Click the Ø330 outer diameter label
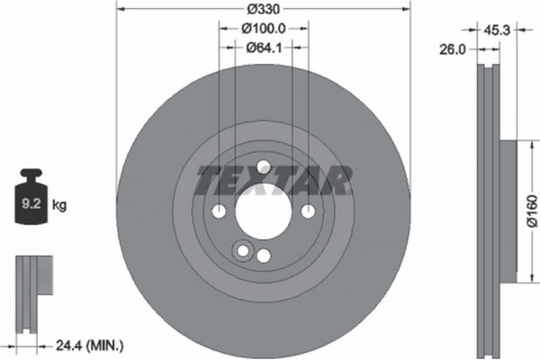pos(263,7)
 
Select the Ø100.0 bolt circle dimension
pos(263,29)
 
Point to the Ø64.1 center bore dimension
pos(263,48)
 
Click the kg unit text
pos(58,206)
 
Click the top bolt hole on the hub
pos(263,166)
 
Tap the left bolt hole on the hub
pos(219,211)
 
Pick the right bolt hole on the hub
pos(307,211)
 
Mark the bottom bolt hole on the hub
pos(263,256)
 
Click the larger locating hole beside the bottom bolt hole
pos(241,251)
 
